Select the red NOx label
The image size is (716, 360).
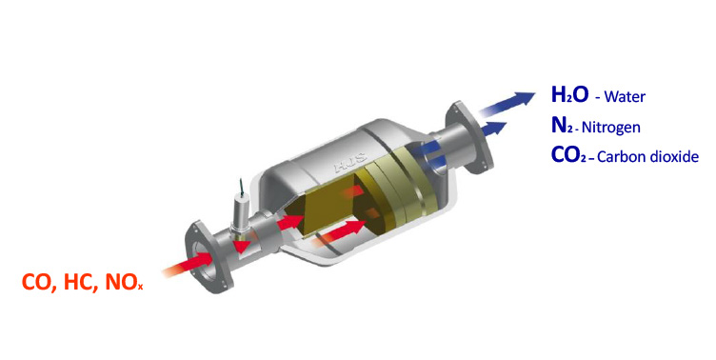(x=125, y=282)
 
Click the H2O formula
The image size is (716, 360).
(x=570, y=94)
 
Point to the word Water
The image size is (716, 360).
(x=625, y=97)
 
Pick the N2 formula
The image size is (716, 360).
(x=562, y=125)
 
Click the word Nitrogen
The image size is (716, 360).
(x=611, y=128)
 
